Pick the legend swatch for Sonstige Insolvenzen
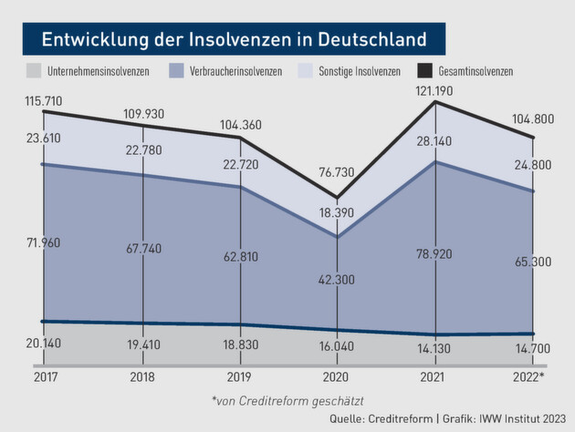tap(310, 70)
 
